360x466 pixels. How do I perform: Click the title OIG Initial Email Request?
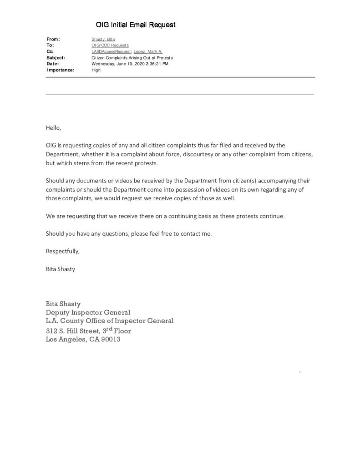(x=135, y=25)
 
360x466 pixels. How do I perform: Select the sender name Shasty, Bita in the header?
(x=103, y=40)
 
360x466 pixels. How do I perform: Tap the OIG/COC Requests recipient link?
(x=110, y=46)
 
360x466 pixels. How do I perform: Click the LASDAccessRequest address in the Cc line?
(x=112, y=52)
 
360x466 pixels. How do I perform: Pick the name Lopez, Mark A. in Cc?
(x=148, y=52)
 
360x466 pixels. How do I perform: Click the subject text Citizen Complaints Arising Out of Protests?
(x=132, y=58)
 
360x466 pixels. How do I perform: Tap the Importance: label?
(x=60, y=70)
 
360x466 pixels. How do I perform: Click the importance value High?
(x=96, y=70)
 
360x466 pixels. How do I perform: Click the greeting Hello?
(x=53, y=128)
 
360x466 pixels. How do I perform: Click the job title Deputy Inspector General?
(x=88, y=312)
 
